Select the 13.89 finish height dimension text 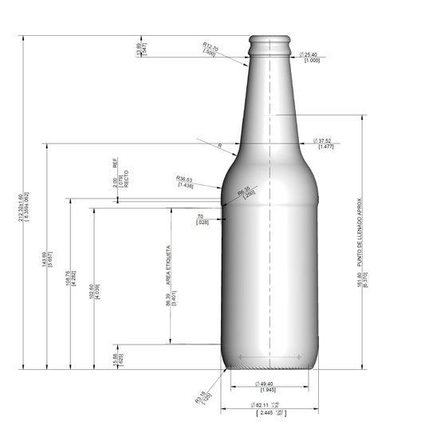[138, 49]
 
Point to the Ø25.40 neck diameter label [310, 54]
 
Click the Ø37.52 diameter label [322, 140]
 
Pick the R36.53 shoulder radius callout [185, 178]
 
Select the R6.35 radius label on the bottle [245, 190]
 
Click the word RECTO [126, 179]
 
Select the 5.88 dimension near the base [116, 359]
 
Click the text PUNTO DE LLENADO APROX [360, 231]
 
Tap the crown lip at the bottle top [271, 39]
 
